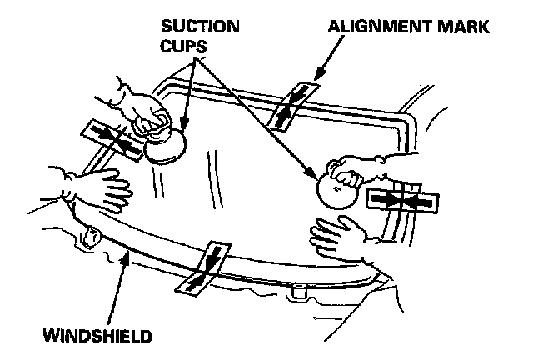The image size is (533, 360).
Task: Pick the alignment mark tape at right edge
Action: click(401, 201)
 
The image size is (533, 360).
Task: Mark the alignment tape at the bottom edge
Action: click(202, 267)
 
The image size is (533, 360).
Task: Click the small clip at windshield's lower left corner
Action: click(89, 237)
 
